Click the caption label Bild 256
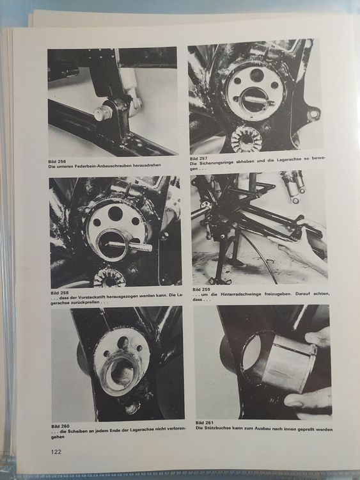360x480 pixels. [x=59, y=161]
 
